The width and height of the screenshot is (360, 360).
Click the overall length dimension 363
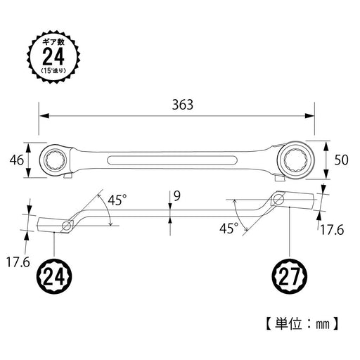click(181, 103)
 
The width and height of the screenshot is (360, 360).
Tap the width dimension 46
click(18, 160)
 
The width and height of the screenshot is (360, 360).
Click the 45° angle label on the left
click(117, 200)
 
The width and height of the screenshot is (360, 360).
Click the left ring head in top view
click(57, 160)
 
